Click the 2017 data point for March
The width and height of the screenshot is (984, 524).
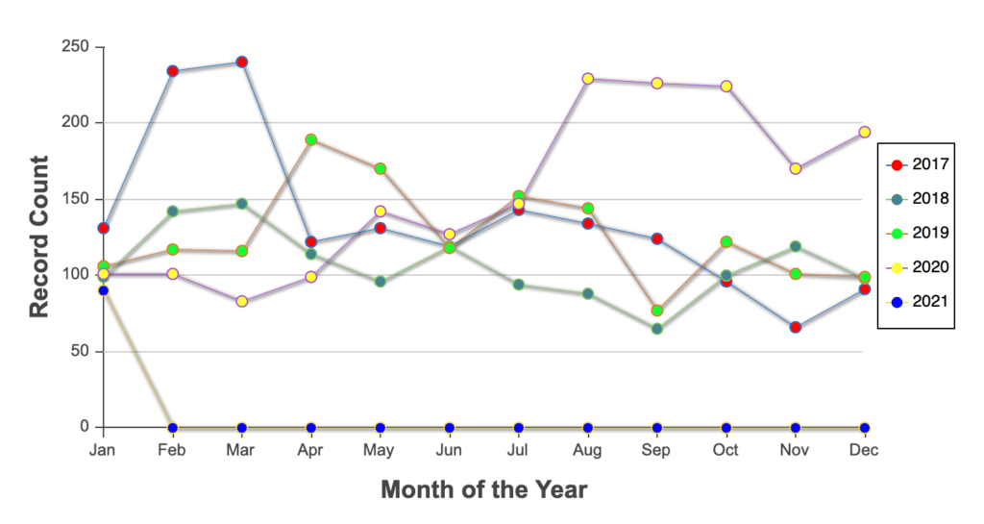[241, 62]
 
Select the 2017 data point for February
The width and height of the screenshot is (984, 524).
[173, 71]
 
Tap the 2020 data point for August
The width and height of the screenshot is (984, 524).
[588, 79]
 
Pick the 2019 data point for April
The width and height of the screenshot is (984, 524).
[310, 139]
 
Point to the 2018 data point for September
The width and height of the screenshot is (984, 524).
[657, 329]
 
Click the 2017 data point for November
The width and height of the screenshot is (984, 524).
[796, 328]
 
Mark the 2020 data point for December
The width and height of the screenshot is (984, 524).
[865, 132]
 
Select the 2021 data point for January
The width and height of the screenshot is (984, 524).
[104, 290]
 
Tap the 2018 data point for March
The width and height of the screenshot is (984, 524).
[241, 204]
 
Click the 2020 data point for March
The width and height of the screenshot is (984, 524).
[241, 301]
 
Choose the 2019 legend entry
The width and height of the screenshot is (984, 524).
[917, 234]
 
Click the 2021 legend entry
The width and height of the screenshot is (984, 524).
[917, 302]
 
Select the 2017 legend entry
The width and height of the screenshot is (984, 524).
[917, 165]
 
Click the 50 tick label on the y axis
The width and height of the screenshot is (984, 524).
[80, 351]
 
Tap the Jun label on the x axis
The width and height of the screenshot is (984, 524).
[449, 451]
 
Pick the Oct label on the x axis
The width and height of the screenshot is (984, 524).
[726, 451]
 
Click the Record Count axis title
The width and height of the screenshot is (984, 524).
[38, 237]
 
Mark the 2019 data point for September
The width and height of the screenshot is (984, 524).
[657, 311]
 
